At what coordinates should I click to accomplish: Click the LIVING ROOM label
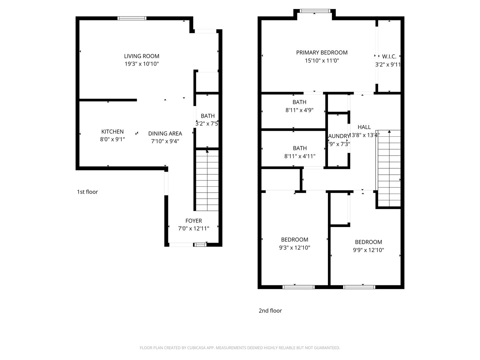(x=142, y=56)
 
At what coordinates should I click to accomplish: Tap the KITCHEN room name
(x=112, y=132)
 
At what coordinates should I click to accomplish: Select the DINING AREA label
(x=165, y=133)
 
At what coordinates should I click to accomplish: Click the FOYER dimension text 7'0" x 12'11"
(x=194, y=228)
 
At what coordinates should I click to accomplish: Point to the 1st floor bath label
(x=208, y=116)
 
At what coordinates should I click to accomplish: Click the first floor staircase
(x=207, y=180)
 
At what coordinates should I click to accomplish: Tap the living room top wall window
(x=132, y=18)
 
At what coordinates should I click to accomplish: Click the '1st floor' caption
(x=87, y=192)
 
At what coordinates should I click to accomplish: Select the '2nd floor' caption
(x=270, y=310)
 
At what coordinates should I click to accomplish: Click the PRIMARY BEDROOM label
(x=322, y=52)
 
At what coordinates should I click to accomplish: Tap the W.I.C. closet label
(x=389, y=56)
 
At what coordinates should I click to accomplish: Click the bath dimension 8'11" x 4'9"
(x=299, y=110)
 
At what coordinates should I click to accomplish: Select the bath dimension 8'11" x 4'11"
(x=300, y=156)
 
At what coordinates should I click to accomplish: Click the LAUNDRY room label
(x=339, y=136)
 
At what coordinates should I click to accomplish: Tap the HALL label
(x=364, y=127)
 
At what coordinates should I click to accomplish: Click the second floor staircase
(x=389, y=168)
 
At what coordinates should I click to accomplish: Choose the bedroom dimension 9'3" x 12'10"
(x=295, y=248)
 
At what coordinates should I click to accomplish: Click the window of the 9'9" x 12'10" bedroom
(x=359, y=287)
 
